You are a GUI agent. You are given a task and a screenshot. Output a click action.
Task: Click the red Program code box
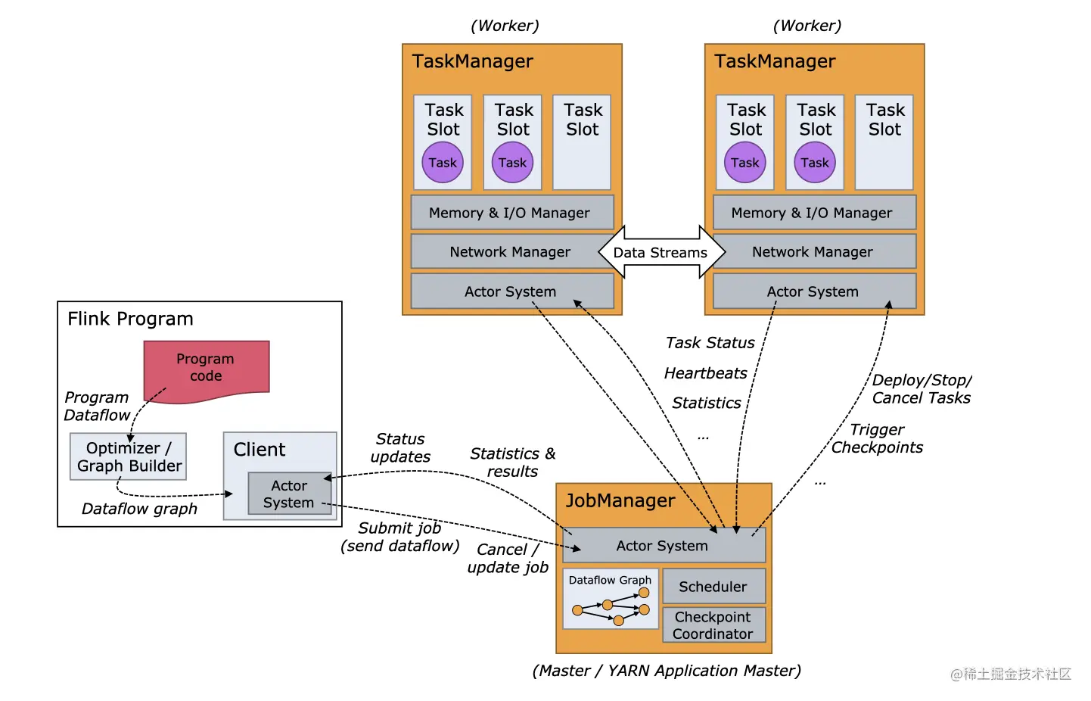(206, 368)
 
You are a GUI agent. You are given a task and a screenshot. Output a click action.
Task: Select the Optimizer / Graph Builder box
(128, 456)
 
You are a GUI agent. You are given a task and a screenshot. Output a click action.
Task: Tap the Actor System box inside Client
(289, 494)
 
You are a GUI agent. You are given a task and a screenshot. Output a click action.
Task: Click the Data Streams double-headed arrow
(661, 252)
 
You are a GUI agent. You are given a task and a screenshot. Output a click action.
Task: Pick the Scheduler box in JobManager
(713, 587)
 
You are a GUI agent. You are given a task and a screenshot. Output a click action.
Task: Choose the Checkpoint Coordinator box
(713, 625)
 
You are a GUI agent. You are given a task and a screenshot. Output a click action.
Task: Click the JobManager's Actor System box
(663, 545)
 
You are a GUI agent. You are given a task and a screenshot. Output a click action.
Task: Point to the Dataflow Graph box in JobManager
(610, 599)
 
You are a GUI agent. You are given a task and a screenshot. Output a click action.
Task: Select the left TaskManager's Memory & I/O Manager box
(510, 213)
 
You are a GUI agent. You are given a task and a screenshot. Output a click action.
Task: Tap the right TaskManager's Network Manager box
(813, 252)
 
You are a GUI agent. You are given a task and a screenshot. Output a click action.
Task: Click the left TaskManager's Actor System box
(511, 291)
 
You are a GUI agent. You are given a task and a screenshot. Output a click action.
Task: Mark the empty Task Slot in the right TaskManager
(884, 142)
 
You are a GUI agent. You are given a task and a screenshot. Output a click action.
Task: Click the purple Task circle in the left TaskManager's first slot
(443, 163)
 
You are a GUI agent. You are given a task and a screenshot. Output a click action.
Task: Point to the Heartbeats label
(705, 373)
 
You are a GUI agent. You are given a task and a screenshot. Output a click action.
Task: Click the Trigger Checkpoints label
(877, 438)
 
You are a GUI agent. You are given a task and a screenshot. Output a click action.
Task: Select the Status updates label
(400, 447)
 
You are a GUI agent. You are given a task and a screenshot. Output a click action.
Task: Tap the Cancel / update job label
(508, 559)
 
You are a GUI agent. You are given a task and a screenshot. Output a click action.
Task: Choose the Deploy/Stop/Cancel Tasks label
(921, 389)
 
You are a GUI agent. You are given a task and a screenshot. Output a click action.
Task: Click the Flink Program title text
(130, 319)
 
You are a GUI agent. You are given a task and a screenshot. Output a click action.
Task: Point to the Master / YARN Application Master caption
(667, 671)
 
